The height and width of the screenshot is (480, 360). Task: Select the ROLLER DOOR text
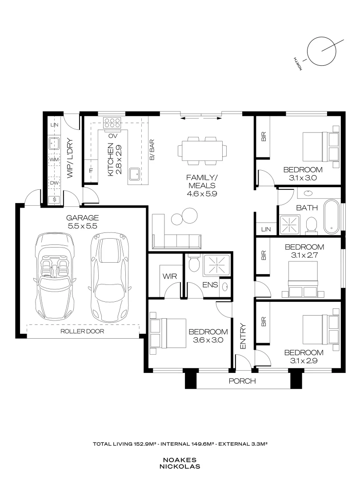click(83, 331)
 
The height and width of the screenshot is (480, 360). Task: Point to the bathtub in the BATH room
click(332, 217)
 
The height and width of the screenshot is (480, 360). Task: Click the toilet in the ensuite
click(193, 263)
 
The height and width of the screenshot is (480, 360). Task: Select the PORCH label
click(242, 381)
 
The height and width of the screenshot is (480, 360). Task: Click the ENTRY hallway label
click(243, 335)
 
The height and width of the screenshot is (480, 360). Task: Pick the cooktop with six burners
click(112, 122)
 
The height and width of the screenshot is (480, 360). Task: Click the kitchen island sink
click(134, 175)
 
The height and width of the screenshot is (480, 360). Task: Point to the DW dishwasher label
click(54, 183)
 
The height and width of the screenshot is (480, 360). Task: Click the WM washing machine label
click(54, 159)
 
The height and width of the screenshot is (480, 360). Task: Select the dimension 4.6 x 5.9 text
click(201, 193)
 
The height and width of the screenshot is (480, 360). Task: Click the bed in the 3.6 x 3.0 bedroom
click(168, 333)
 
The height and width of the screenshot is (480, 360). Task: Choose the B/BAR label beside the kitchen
click(152, 150)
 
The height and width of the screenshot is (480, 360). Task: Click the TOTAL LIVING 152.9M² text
click(125, 444)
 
